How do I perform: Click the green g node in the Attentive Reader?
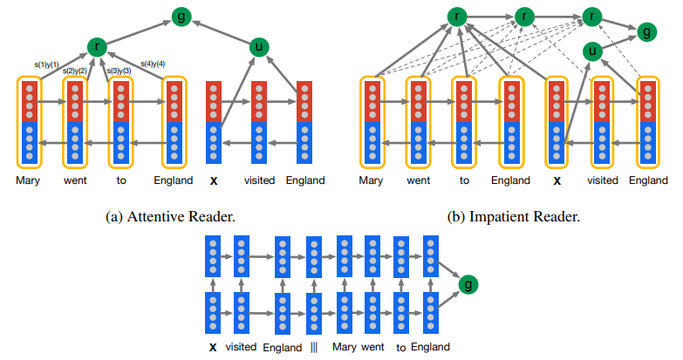pyautogui.click(x=181, y=15)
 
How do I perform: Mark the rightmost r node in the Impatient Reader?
pyautogui.click(x=593, y=15)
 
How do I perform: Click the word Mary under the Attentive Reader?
pyautogui.click(x=29, y=180)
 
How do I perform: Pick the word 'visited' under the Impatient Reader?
pyautogui.click(x=603, y=180)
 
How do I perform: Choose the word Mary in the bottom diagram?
pyautogui.click(x=345, y=346)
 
